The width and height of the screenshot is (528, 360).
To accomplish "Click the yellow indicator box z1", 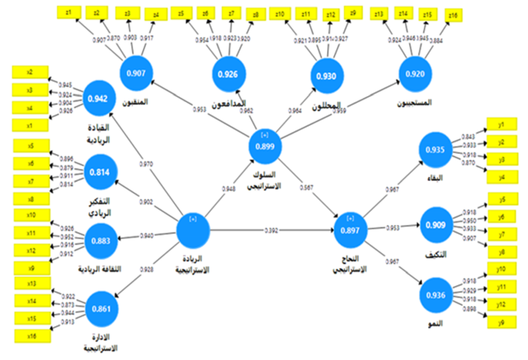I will tap(68, 12).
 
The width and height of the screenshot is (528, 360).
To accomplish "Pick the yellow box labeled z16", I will tap(453, 16).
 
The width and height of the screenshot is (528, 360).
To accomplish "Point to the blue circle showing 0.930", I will tap(327, 76).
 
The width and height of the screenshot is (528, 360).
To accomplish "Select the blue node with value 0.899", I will tap(265, 146).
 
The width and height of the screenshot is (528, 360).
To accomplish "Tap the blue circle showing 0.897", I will tap(350, 230).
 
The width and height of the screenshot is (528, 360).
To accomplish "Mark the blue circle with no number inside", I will tap(193, 230).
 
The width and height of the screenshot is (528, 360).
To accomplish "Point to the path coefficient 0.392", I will tap(272, 230).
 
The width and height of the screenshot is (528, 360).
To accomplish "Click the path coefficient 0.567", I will tap(307, 187).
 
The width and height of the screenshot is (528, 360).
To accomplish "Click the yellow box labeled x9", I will tap(31, 268).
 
